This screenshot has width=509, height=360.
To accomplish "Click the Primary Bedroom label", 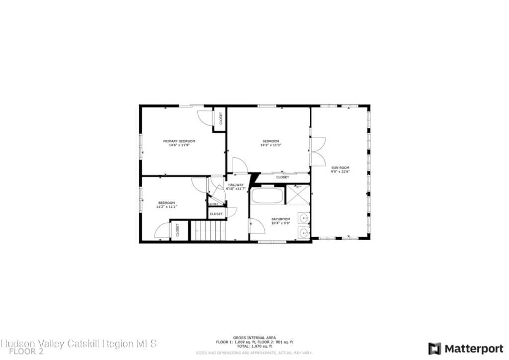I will (179, 141).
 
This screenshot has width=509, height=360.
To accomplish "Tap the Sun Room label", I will (340, 168).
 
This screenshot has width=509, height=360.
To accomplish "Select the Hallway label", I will (236, 185).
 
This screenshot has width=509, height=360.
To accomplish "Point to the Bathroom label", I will (280, 219).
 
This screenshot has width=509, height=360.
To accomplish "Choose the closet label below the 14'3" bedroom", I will (282, 177).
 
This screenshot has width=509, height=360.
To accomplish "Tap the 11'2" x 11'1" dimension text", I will (167, 206).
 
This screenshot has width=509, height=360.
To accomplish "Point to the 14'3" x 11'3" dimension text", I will (270, 145).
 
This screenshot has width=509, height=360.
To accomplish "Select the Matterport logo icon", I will (434, 348).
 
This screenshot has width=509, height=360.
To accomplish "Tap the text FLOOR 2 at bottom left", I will (26, 351).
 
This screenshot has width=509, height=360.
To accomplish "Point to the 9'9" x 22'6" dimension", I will (340, 172).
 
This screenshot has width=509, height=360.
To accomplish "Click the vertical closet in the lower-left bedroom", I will (177, 230).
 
